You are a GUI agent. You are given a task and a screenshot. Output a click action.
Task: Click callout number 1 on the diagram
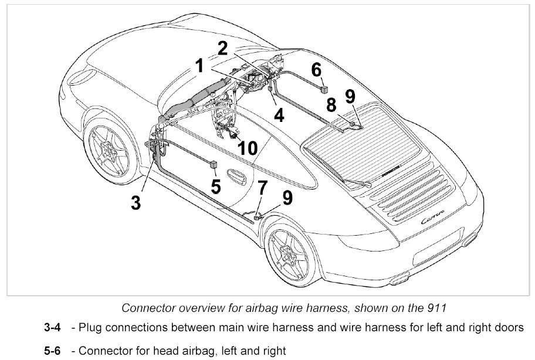tap(199, 66)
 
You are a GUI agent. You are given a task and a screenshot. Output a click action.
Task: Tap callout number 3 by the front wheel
tap(136, 203)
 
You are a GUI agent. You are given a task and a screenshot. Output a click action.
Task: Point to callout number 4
tap(279, 115)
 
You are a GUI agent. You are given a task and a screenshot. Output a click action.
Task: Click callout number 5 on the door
tap(216, 186)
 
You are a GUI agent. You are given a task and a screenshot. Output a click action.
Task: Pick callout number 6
tap(316, 69)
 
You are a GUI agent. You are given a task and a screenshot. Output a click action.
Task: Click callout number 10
tap(248, 148)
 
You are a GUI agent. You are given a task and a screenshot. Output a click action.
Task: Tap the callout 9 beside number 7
tap(287, 198)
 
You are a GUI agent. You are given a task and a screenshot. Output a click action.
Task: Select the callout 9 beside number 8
tap(351, 97)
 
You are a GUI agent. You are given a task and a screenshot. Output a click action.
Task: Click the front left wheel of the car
tap(110, 153)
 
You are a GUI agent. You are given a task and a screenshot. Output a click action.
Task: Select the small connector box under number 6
tap(323, 89)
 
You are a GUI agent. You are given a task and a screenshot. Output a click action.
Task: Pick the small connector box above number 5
tap(214, 164)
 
